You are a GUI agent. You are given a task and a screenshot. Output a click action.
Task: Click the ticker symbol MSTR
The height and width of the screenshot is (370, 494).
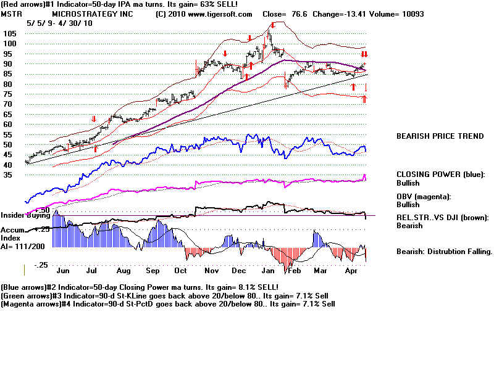[11, 14]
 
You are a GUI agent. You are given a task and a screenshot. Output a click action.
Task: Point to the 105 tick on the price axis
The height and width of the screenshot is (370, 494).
[10, 33]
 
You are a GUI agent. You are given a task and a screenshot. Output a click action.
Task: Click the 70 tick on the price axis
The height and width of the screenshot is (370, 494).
[9, 104]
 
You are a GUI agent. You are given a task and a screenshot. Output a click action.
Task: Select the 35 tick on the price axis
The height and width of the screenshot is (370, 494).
[9, 175]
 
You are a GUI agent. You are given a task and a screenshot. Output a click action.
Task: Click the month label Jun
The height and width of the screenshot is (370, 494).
[63, 269]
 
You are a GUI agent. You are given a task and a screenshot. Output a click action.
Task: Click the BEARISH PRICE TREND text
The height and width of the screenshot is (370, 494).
[440, 136]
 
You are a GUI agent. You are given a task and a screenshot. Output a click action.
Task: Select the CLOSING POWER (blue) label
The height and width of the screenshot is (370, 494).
[440, 175]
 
